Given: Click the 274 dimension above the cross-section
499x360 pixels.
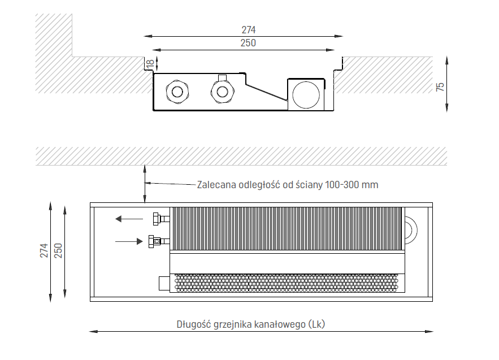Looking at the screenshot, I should [249, 30].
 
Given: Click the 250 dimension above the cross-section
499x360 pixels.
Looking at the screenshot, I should [249, 43].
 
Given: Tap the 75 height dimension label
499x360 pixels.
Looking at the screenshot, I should [441, 86].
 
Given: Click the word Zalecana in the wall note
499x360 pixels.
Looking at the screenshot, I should [215, 185].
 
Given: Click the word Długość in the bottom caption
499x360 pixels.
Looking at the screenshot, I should [194, 324].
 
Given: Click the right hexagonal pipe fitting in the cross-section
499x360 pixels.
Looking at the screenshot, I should [222, 90].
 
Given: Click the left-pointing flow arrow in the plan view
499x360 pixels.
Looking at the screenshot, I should [129, 218].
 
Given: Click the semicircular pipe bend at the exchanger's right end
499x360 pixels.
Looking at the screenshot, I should [411, 228].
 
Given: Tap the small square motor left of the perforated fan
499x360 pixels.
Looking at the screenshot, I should [164, 282].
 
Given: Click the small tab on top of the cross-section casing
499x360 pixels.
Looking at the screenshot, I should [222, 77].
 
